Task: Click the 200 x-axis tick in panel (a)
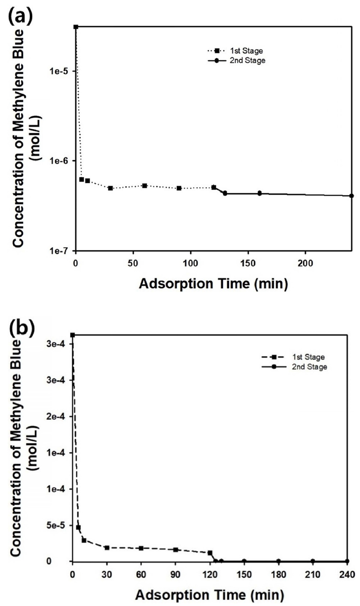[x=305, y=263]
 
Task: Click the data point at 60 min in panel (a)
[x=144, y=186]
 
